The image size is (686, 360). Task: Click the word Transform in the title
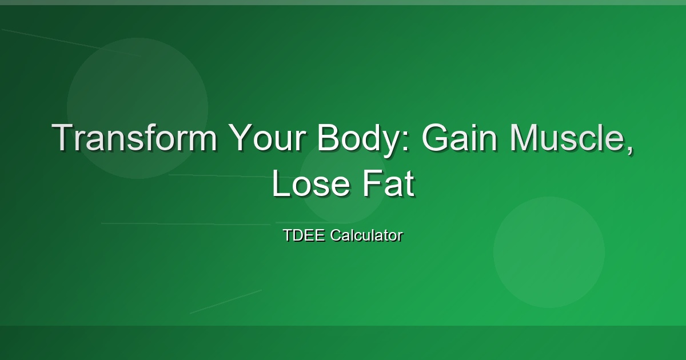coord(134,137)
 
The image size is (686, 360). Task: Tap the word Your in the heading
coord(267,137)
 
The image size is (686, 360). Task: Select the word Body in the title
coord(357,140)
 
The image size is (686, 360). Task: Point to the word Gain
coord(460,137)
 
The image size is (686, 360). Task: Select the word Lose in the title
coord(311,183)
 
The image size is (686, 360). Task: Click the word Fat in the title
coord(389,183)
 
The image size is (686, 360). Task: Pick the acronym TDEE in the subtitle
coord(304,235)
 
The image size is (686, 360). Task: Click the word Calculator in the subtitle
coord(366,235)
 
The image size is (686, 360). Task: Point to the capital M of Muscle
coord(524,137)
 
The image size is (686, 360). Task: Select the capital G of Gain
coord(436,137)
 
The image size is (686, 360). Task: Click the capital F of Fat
coord(372,183)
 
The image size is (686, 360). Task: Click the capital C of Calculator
coord(336,235)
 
